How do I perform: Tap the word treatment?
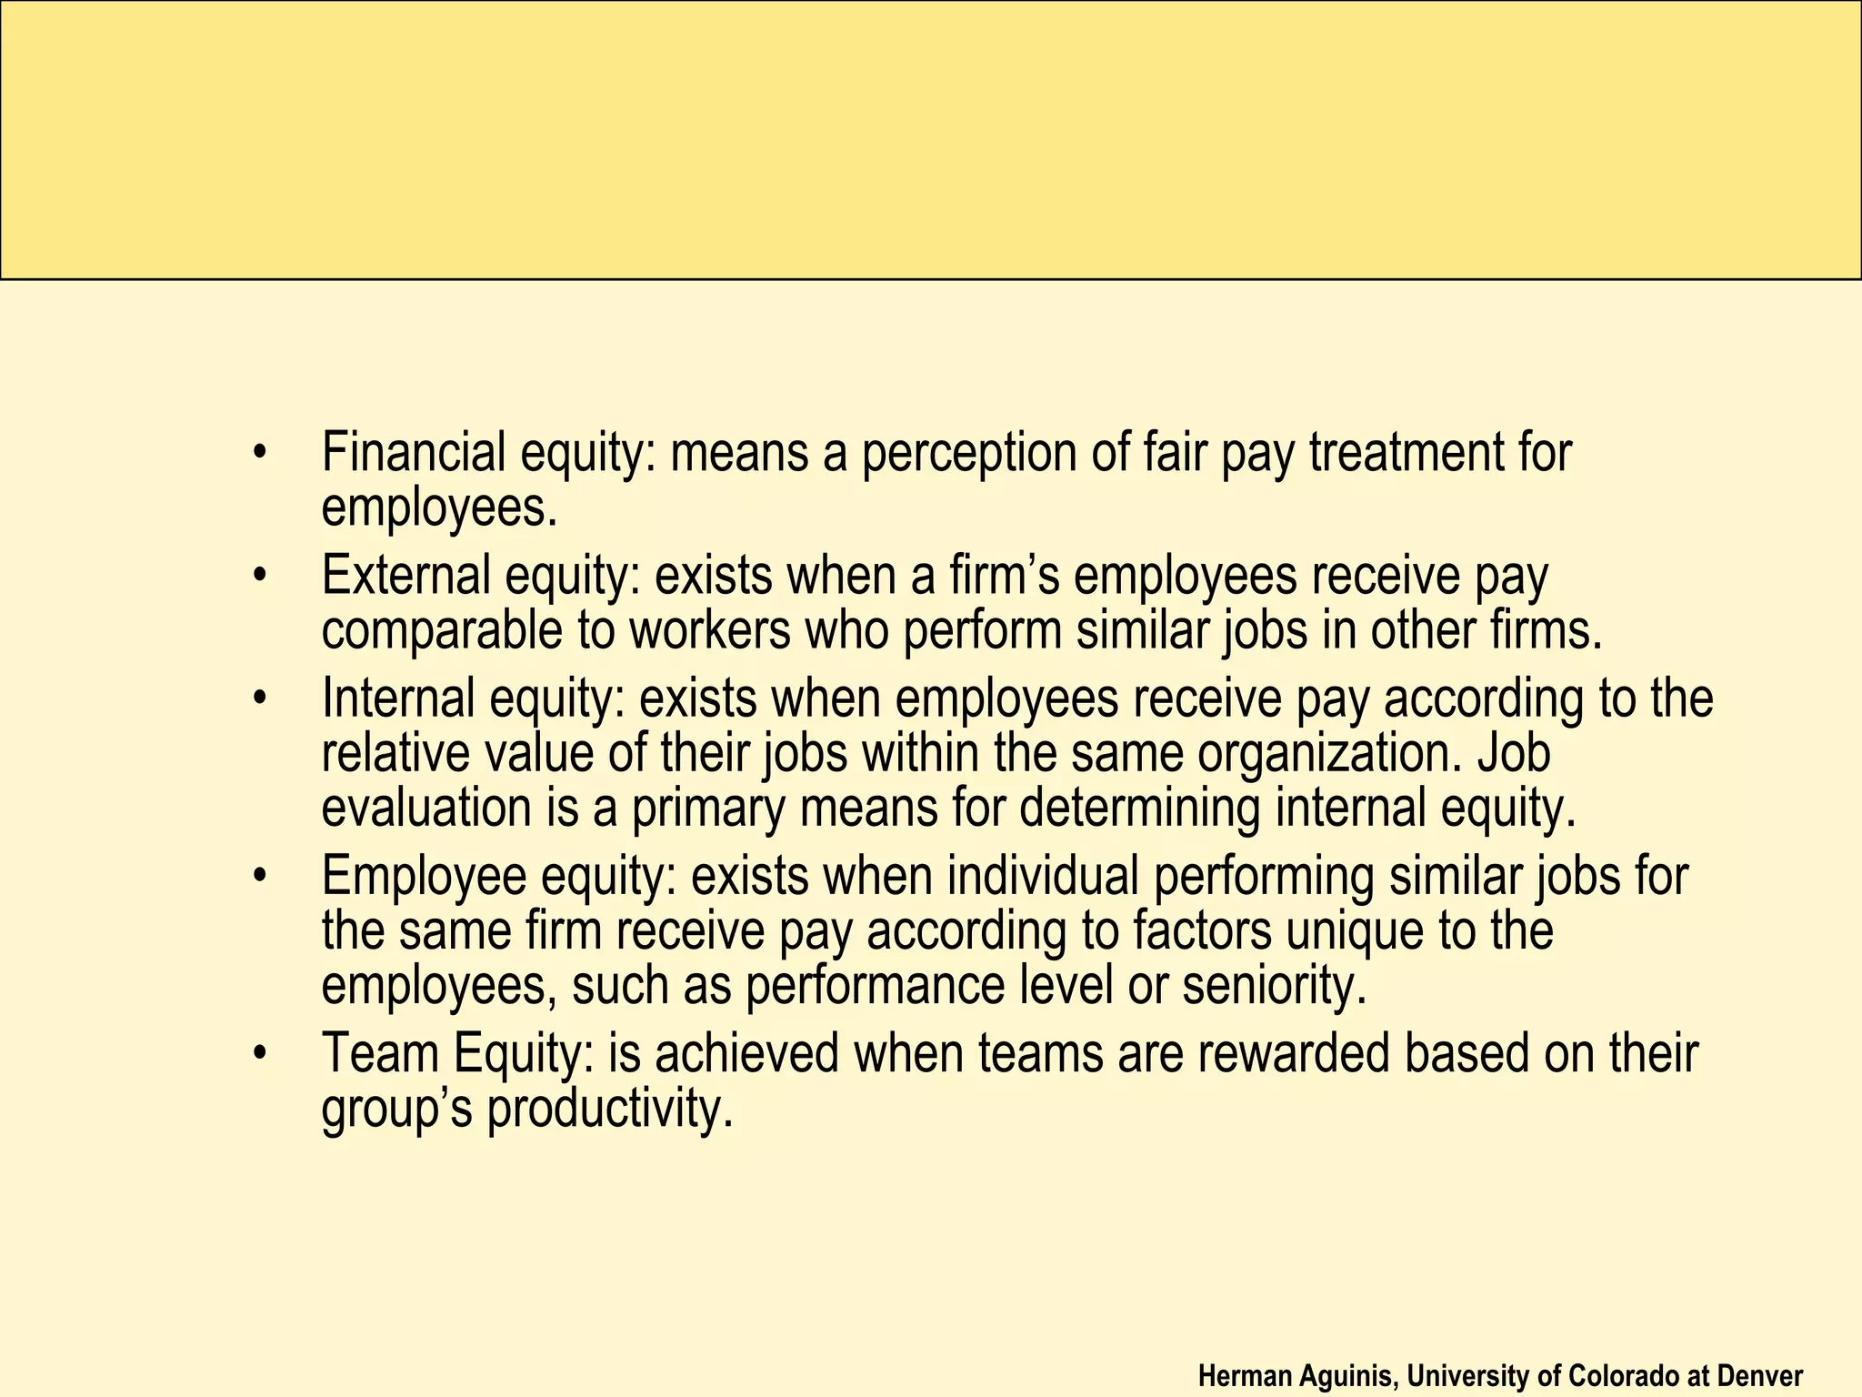click(1404, 453)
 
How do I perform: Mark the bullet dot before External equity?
click(262, 577)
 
